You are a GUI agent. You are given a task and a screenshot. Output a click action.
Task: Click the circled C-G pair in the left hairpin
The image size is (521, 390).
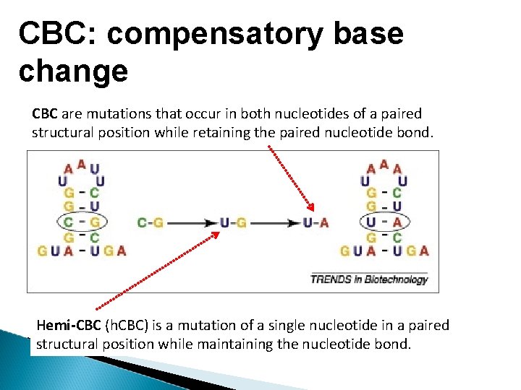point(80,222)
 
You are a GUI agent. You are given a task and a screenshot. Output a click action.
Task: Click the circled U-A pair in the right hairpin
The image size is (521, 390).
point(384,222)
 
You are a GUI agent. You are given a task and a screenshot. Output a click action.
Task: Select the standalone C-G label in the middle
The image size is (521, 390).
point(151,222)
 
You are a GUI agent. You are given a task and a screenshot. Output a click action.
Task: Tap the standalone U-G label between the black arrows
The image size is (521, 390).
point(234,222)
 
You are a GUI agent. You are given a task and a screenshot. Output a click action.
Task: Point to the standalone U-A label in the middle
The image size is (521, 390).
point(316,222)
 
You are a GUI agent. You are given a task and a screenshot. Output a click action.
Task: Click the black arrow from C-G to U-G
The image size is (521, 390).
point(192,222)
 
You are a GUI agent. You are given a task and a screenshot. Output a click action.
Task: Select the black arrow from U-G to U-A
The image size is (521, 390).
point(275,222)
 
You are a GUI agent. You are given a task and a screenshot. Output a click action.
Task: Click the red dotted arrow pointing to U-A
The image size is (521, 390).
point(289,177)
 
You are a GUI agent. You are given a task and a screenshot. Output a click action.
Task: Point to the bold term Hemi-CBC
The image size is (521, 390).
point(69,325)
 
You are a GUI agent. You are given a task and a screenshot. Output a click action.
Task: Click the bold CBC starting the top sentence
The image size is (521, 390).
point(45,113)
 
